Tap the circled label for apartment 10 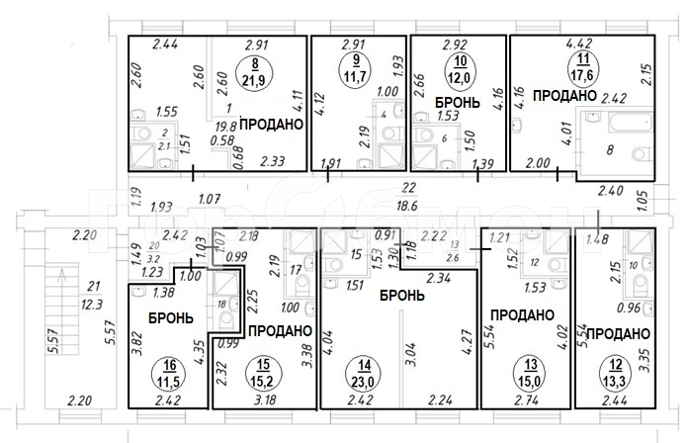pyautogui.click(x=458, y=68)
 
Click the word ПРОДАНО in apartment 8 pyautogui.click(x=269, y=126)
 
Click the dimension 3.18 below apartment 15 pyautogui.click(x=265, y=400)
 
